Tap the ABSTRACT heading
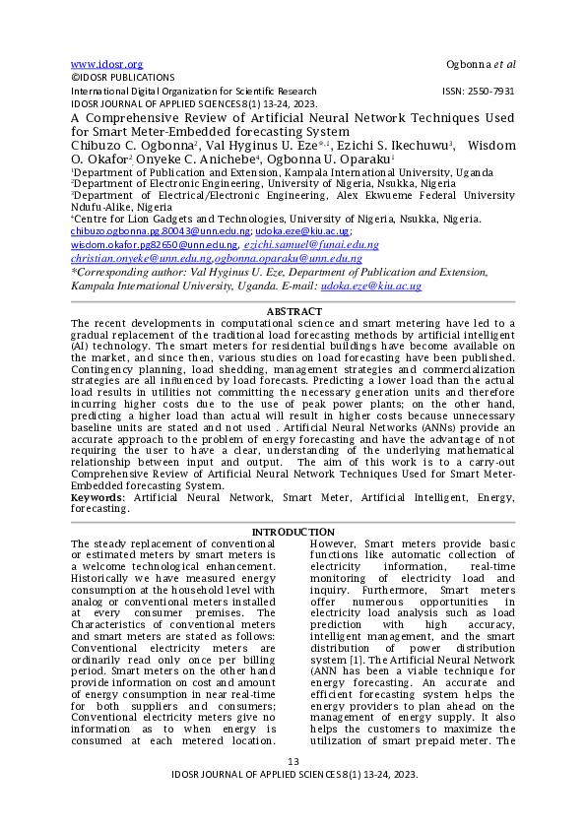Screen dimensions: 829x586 click(293, 311)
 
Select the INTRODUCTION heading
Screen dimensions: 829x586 click(293, 532)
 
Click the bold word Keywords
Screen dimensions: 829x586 click(98, 499)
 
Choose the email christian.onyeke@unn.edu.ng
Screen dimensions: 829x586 click(140, 257)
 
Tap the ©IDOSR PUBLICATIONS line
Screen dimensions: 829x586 click(123, 77)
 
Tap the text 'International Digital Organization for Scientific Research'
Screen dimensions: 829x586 click(194, 90)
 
